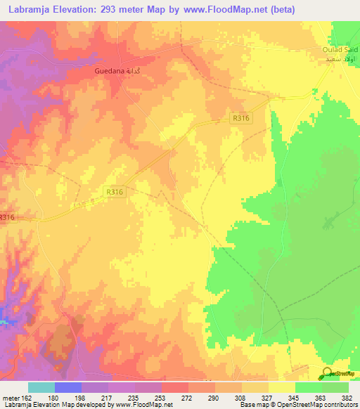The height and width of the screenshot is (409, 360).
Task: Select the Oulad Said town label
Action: coord(340,49)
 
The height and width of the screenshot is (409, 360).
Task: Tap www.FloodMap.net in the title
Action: coord(226,9)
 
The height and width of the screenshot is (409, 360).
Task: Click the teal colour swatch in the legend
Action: coord(41,387)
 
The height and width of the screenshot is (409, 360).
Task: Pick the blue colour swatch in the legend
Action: coord(68,387)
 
